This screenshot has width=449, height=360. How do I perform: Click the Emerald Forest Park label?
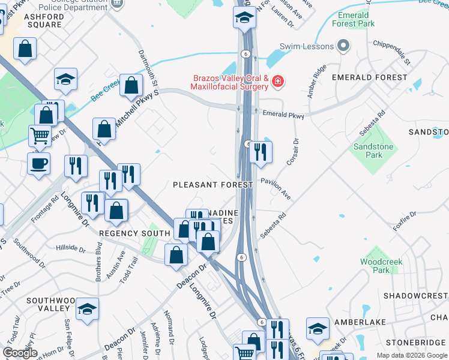pos(357,19)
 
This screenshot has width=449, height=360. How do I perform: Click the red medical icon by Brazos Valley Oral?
pos(277,80)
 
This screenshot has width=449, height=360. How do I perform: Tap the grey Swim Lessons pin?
pos(343,46)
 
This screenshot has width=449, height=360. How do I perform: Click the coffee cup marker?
pos(38,163)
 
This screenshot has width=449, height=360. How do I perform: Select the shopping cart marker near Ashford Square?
pos(40,136)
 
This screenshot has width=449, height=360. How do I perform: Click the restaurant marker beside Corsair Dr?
pos(260,152)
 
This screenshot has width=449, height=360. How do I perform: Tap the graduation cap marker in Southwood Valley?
pos(88,309)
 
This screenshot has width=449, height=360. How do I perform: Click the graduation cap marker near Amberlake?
pos(318,328)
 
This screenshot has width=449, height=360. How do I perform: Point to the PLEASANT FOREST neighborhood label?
pos(212,185)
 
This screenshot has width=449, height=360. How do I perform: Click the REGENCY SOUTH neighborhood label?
pos(126,233)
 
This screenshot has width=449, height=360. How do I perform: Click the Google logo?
pos(20,353)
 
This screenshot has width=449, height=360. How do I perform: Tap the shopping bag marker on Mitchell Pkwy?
pos(131,86)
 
